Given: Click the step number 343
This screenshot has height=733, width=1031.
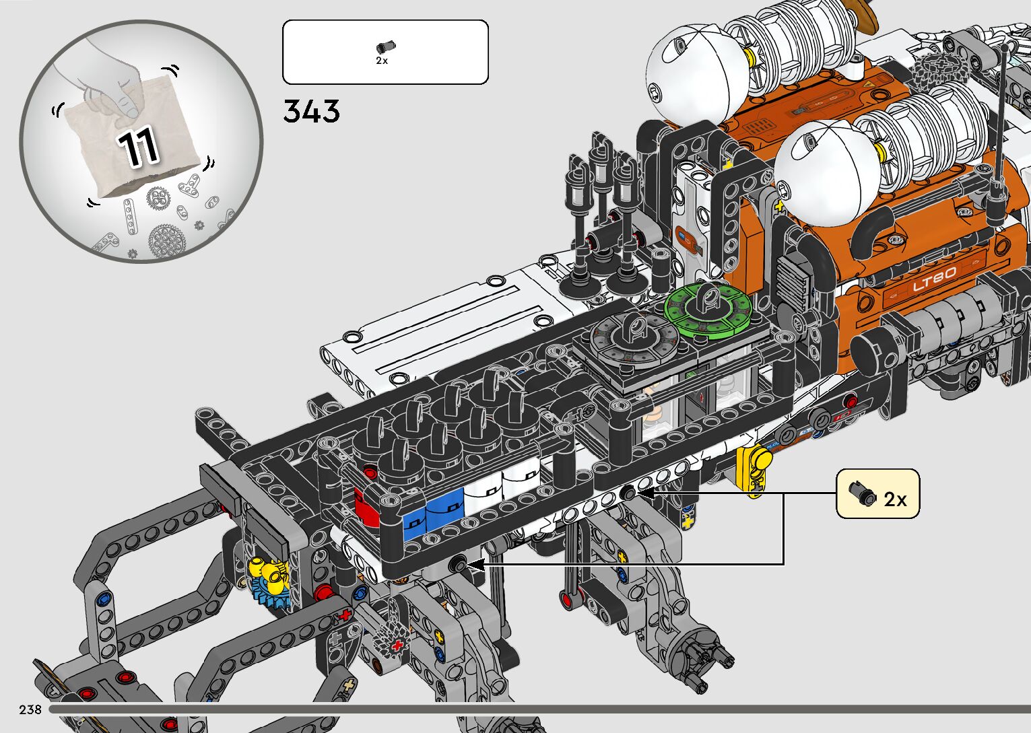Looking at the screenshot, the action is tap(312, 111).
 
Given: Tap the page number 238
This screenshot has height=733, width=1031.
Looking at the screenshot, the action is tap(30, 709).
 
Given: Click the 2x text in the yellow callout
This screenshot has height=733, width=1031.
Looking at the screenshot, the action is tap(895, 499).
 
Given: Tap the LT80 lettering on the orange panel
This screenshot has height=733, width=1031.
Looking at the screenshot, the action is tap(934, 279).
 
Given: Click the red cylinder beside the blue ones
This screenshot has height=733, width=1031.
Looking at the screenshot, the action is tap(367, 508).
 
